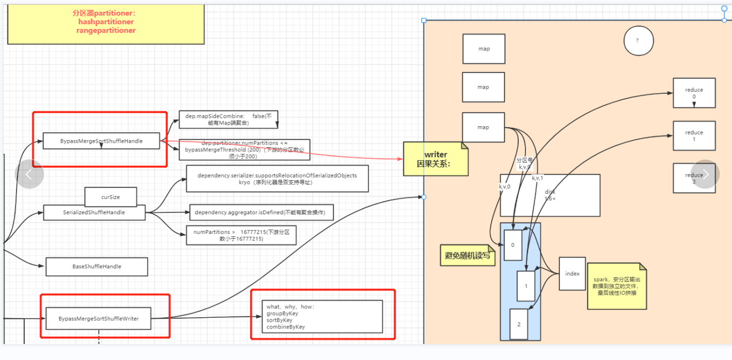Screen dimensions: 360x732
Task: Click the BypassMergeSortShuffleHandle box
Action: [x=101, y=141]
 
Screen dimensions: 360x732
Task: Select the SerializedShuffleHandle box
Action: [x=94, y=212]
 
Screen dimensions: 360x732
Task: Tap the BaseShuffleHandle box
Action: [x=97, y=266]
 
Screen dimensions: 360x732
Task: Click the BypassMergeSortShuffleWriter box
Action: [x=98, y=319]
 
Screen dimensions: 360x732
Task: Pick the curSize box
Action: [x=111, y=197]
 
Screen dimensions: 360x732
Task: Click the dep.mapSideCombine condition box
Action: [x=228, y=119]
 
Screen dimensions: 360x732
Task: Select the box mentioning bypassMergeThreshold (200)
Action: [x=244, y=149]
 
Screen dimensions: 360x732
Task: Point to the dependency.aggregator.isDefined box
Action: [x=261, y=212]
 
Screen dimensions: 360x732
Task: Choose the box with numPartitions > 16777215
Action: [x=241, y=235]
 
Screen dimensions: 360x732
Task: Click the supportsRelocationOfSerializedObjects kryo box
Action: [x=277, y=179]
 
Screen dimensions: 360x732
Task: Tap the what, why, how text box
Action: [x=322, y=316]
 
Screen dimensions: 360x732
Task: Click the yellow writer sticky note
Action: [x=436, y=159]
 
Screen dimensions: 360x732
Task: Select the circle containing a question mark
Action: [x=638, y=41]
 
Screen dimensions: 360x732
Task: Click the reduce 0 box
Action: [x=694, y=93]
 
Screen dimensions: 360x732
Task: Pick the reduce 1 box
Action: [x=694, y=135]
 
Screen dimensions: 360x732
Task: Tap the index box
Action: [x=572, y=273]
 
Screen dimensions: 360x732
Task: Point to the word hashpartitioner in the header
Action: [x=106, y=22]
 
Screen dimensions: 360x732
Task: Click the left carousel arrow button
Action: [x=29, y=174]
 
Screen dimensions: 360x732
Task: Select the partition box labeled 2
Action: [x=519, y=324]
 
